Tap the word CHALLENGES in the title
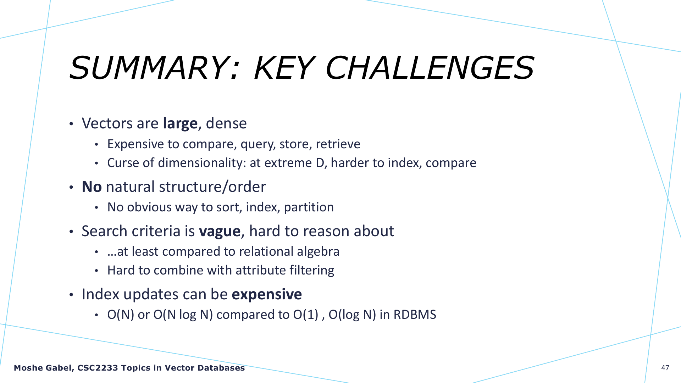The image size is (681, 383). tap(430, 68)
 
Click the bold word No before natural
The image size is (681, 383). tap(92, 187)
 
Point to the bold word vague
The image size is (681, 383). tap(220, 232)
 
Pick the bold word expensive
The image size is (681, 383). tap(267, 295)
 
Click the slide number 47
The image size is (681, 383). tap(665, 368)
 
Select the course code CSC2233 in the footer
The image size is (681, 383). tap(98, 368)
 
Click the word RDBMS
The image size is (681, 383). tap(415, 315)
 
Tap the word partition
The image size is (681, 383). tap(309, 207)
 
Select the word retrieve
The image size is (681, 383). tap(338, 144)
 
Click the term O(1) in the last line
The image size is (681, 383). tap(306, 315)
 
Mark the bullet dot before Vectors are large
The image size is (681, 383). tap(71, 124)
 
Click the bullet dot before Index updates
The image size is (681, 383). tap(71, 295)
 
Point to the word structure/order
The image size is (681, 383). tap(212, 187)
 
